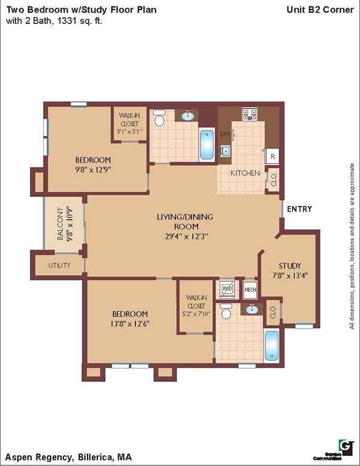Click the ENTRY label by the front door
point(299,209)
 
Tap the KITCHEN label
point(246,173)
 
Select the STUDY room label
point(290,265)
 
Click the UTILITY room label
point(59,265)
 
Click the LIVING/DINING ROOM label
point(185,216)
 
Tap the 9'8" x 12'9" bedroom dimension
point(93,169)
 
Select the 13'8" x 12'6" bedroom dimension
point(130,323)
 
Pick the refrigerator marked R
point(272,156)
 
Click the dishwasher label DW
point(225,134)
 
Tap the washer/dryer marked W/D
point(227,289)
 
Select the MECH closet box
point(250,290)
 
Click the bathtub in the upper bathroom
point(206,144)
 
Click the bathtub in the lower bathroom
point(272,345)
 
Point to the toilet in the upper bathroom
point(160,119)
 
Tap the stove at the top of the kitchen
point(249,114)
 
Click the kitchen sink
point(226,151)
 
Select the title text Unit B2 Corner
point(320,10)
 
